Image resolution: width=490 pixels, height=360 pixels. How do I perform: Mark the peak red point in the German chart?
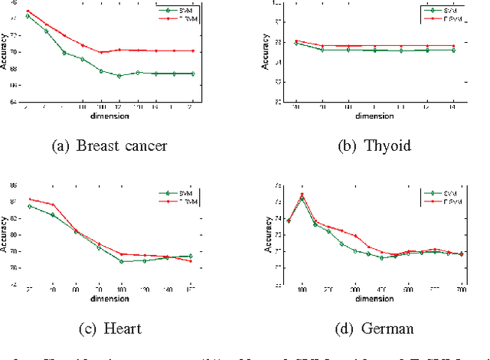point(302,194)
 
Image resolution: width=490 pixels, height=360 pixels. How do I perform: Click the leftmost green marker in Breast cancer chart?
point(28,16)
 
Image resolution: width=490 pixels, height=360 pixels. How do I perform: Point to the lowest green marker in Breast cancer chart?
point(119,76)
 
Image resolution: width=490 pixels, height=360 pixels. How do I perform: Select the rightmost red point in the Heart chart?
point(191,261)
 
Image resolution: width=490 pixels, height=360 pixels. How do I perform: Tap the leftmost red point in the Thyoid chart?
point(296,41)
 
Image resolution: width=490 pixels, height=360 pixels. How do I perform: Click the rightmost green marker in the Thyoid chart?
point(453,50)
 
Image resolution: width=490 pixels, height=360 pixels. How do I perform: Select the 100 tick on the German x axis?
point(302,290)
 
